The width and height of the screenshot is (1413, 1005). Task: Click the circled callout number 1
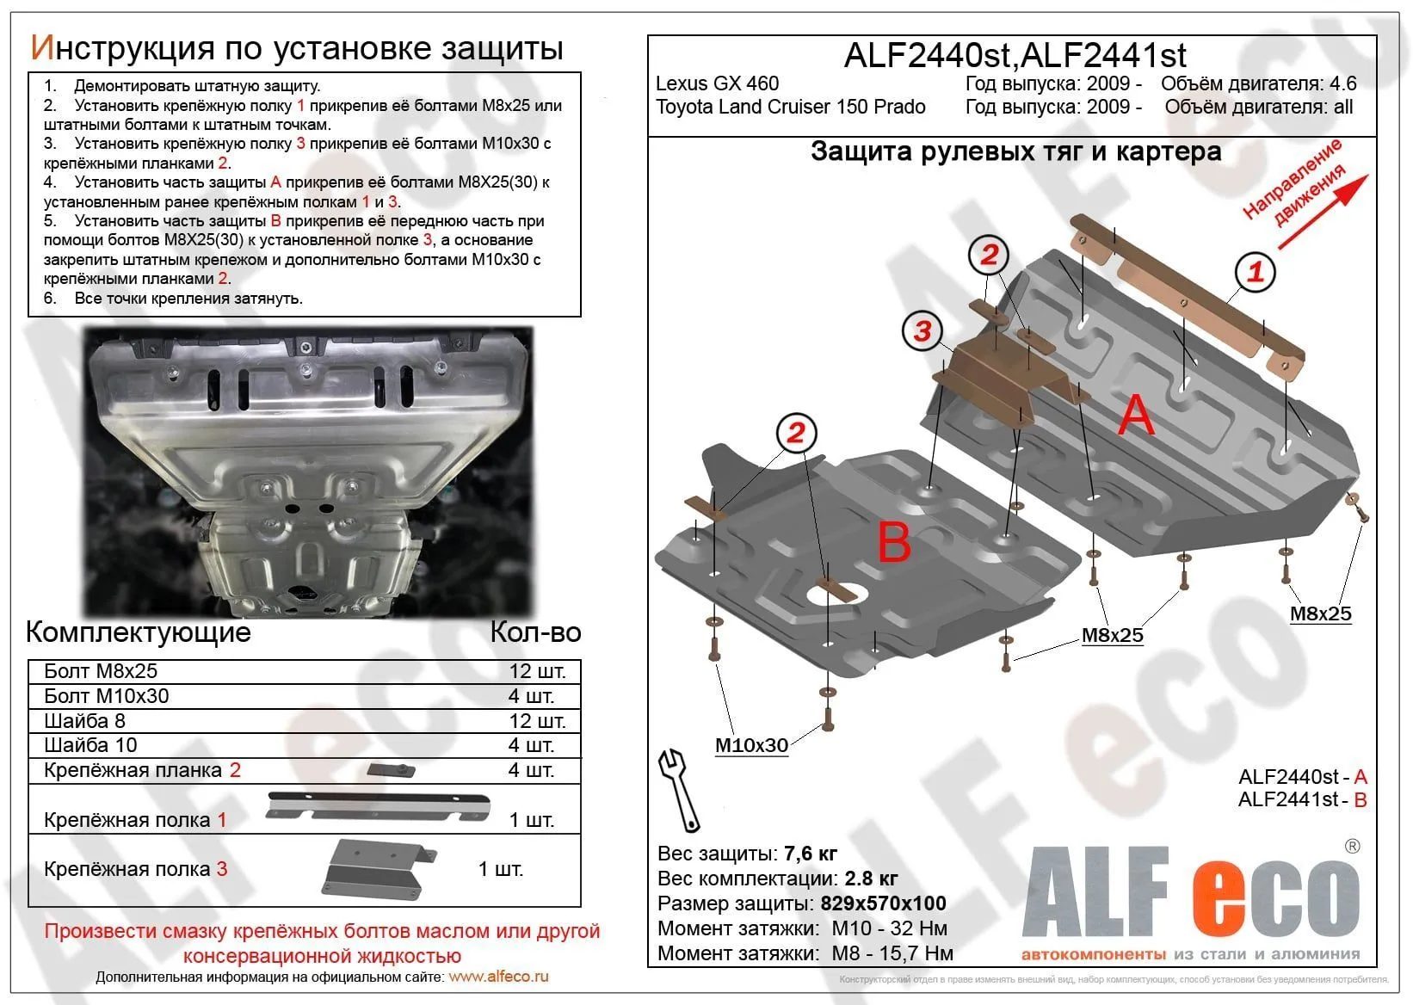tap(1255, 272)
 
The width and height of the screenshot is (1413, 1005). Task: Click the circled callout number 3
tap(922, 331)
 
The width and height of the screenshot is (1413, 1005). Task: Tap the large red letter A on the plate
tap(1136, 416)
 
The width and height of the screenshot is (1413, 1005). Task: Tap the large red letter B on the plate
tap(894, 544)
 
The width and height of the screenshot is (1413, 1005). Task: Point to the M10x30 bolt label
tap(751, 745)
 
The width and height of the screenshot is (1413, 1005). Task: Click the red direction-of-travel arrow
tap(1323, 212)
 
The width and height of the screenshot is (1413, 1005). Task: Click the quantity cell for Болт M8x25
tap(537, 671)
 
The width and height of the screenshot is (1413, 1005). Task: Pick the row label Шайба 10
tap(90, 745)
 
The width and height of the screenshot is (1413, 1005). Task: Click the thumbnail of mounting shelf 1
tap(379, 806)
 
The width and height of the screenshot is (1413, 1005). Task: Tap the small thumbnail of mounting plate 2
tap(392, 770)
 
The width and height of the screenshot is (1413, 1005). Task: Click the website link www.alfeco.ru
tap(498, 977)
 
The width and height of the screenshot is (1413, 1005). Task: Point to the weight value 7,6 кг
tap(810, 854)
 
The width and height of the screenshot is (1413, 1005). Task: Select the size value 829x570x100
tap(883, 903)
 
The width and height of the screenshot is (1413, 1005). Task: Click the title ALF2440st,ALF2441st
tap(1015, 55)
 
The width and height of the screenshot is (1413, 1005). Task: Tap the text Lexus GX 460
tap(717, 83)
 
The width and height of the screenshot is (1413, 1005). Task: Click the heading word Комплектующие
tap(139, 632)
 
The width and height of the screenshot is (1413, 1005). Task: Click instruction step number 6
tap(50, 299)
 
